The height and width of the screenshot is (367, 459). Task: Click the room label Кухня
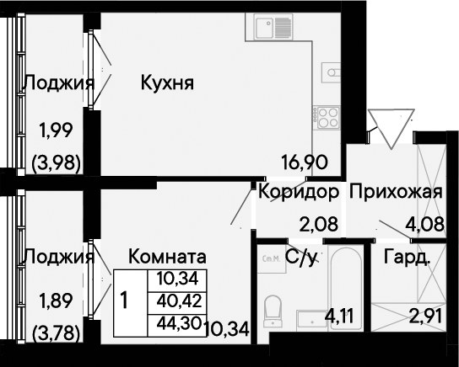(167, 83)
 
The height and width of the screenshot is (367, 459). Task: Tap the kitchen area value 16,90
(304, 162)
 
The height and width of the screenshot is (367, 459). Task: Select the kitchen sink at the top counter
(269, 27)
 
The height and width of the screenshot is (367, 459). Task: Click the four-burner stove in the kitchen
(326, 117)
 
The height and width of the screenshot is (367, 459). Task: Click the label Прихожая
(396, 192)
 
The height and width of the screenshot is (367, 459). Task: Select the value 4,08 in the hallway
(424, 224)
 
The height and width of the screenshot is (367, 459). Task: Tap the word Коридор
(299, 192)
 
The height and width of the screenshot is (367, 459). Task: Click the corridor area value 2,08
(318, 224)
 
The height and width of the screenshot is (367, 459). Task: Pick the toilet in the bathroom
(273, 311)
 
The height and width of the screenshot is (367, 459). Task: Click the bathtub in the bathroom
(345, 289)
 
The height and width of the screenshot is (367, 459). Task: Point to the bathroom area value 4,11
(340, 316)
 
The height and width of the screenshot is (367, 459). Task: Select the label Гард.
(407, 257)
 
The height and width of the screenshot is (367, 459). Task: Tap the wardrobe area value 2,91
(425, 316)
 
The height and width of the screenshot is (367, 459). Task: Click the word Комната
(167, 257)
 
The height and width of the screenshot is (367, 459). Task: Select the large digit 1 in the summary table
(124, 301)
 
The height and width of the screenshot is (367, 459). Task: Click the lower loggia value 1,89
(56, 301)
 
